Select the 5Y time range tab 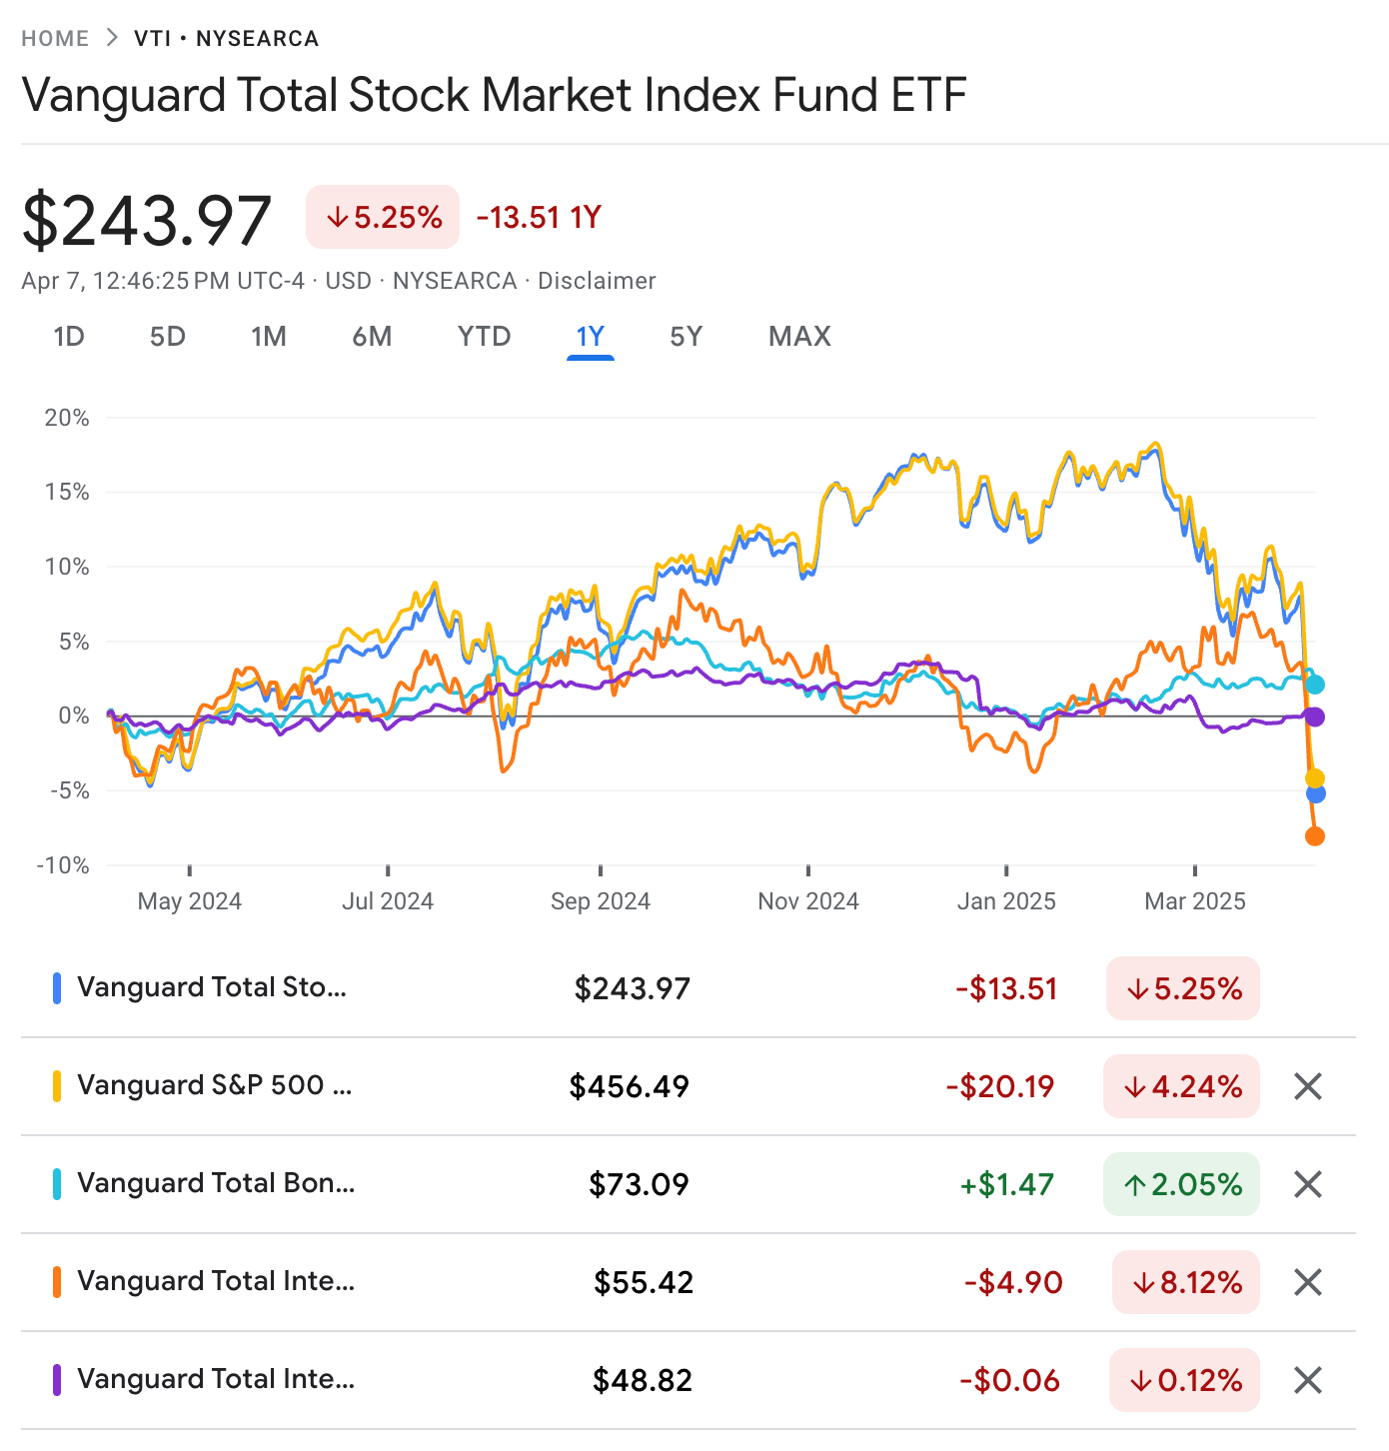pyautogui.click(x=686, y=337)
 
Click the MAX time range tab pyautogui.click(x=799, y=337)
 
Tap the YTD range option pyautogui.click(x=484, y=337)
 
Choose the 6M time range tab pyautogui.click(x=372, y=337)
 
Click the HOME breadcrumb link pyautogui.click(x=55, y=39)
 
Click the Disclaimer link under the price pyautogui.click(x=597, y=281)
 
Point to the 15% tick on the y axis pyautogui.click(x=67, y=492)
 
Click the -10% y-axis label pyautogui.click(x=63, y=865)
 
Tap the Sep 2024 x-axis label pyautogui.click(x=600, y=901)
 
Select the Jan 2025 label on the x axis pyautogui.click(x=1006, y=901)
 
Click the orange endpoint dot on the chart pyautogui.click(x=1315, y=836)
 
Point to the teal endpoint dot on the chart pyautogui.click(x=1315, y=685)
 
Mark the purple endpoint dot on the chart pyautogui.click(x=1315, y=717)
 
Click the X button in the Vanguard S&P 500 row pyautogui.click(x=1308, y=1086)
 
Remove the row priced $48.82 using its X pyautogui.click(x=1308, y=1380)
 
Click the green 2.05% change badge pyautogui.click(x=1181, y=1184)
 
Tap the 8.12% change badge pyautogui.click(x=1185, y=1282)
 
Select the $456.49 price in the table pyautogui.click(x=630, y=1086)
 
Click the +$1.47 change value pyautogui.click(x=1006, y=1184)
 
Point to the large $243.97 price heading pyautogui.click(x=147, y=221)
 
